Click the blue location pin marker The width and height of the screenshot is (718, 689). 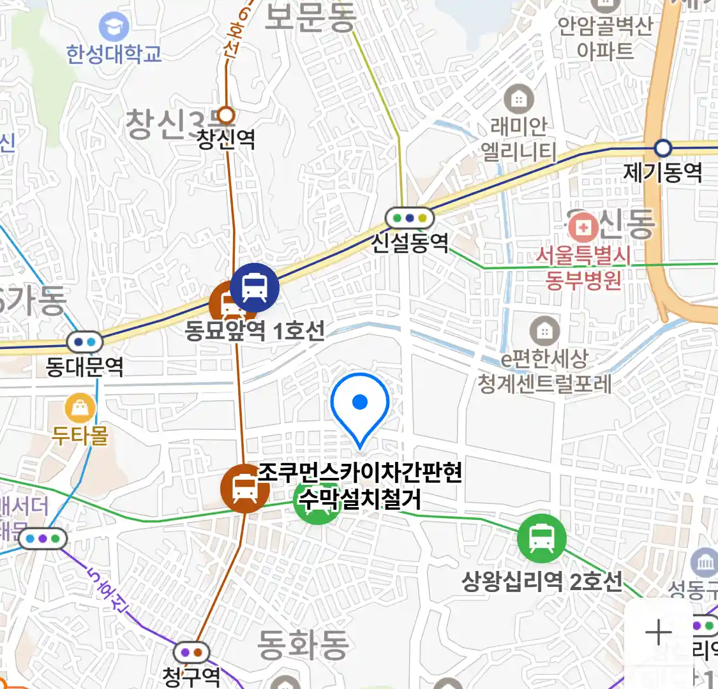(360, 406)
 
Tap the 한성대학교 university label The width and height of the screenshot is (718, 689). (114, 54)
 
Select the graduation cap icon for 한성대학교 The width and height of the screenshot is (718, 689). (114, 27)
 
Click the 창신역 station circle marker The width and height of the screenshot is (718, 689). (226, 115)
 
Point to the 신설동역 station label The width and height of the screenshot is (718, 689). (410, 242)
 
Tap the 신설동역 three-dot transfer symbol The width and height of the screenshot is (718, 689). (410, 218)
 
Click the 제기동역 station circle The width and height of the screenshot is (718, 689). (663, 149)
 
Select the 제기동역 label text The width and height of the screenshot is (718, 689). (662, 172)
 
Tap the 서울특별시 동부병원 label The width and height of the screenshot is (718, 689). (583, 267)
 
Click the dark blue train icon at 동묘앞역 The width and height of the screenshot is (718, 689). (255, 288)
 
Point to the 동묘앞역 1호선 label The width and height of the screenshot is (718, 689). (255, 330)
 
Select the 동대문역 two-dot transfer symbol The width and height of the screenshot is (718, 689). (84, 342)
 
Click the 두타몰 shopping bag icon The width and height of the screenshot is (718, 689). (80, 408)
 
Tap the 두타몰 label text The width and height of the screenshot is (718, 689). (80, 436)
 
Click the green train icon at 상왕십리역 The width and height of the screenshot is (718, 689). (541, 539)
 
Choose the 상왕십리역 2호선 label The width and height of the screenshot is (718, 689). (541, 581)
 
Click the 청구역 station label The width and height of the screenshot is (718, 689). (191, 676)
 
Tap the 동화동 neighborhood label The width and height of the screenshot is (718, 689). (303, 644)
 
